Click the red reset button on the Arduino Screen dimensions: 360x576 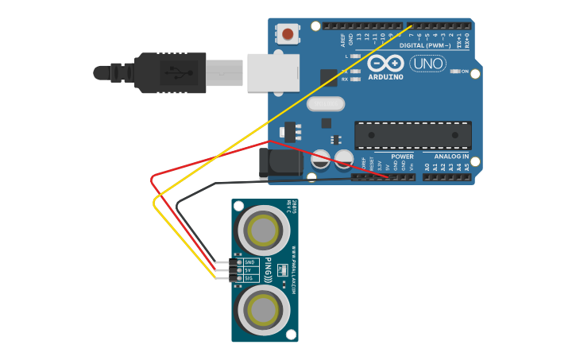point(287,34)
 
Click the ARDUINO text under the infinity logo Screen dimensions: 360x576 point(386,77)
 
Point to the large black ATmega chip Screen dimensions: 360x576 point(412,135)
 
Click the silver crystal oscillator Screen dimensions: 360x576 point(326,104)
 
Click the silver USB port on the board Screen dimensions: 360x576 point(273,72)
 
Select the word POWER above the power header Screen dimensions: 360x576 point(402,157)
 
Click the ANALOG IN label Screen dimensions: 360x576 point(451,157)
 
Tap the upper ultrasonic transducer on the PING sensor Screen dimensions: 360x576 point(264,231)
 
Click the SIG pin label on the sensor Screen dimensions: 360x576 point(249,278)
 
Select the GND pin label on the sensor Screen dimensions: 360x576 point(249,262)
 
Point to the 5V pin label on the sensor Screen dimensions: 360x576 point(248,270)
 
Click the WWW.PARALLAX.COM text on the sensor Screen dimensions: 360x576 point(292,271)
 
